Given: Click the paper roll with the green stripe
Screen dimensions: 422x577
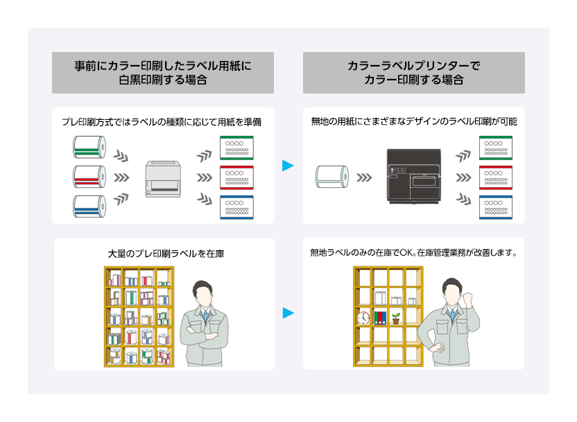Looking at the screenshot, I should tap(89, 148).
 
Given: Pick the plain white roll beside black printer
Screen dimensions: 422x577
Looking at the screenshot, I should tap(331, 177).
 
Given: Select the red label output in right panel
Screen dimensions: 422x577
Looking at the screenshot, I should tap(496, 177).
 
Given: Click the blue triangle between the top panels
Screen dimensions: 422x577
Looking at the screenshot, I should tap(288, 166).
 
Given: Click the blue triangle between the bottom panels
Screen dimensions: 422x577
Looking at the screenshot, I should tap(288, 314).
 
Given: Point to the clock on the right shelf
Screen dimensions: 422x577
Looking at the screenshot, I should tap(363, 318).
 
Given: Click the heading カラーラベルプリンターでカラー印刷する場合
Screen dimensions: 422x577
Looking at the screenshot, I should tap(413, 73).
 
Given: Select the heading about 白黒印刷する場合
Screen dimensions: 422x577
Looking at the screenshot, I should tap(162, 73).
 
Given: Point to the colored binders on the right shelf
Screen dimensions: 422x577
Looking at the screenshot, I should tap(379, 318).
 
